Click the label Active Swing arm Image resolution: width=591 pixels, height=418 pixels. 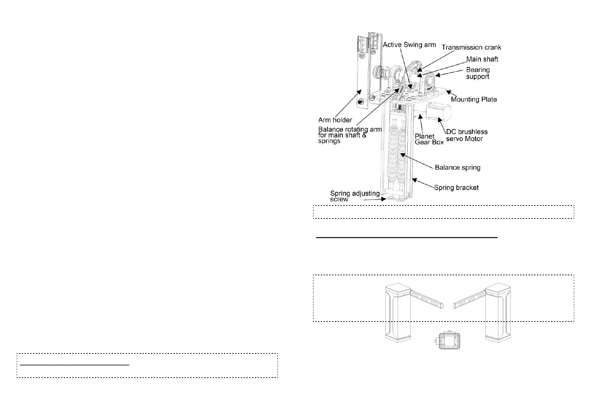coord(409,45)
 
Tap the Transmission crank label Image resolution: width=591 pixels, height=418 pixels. coord(471,47)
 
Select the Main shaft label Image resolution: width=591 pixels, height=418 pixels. coord(482,59)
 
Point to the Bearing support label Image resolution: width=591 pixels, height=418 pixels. coord(478,73)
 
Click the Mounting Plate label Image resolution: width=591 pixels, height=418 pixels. coord(474,99)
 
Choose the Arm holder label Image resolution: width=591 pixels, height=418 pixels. coord(335,120)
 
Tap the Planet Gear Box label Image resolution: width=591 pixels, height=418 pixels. coord(429,139)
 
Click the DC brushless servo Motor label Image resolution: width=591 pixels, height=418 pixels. coord(466,135)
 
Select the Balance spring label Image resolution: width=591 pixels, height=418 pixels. coord(457,167)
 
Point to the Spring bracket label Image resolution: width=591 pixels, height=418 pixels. coord(456,188)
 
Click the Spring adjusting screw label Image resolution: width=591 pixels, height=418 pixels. coord(354,196)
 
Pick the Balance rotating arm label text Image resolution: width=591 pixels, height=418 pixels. coord(349,135)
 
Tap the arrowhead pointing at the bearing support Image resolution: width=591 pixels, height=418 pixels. coord(437,75)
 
